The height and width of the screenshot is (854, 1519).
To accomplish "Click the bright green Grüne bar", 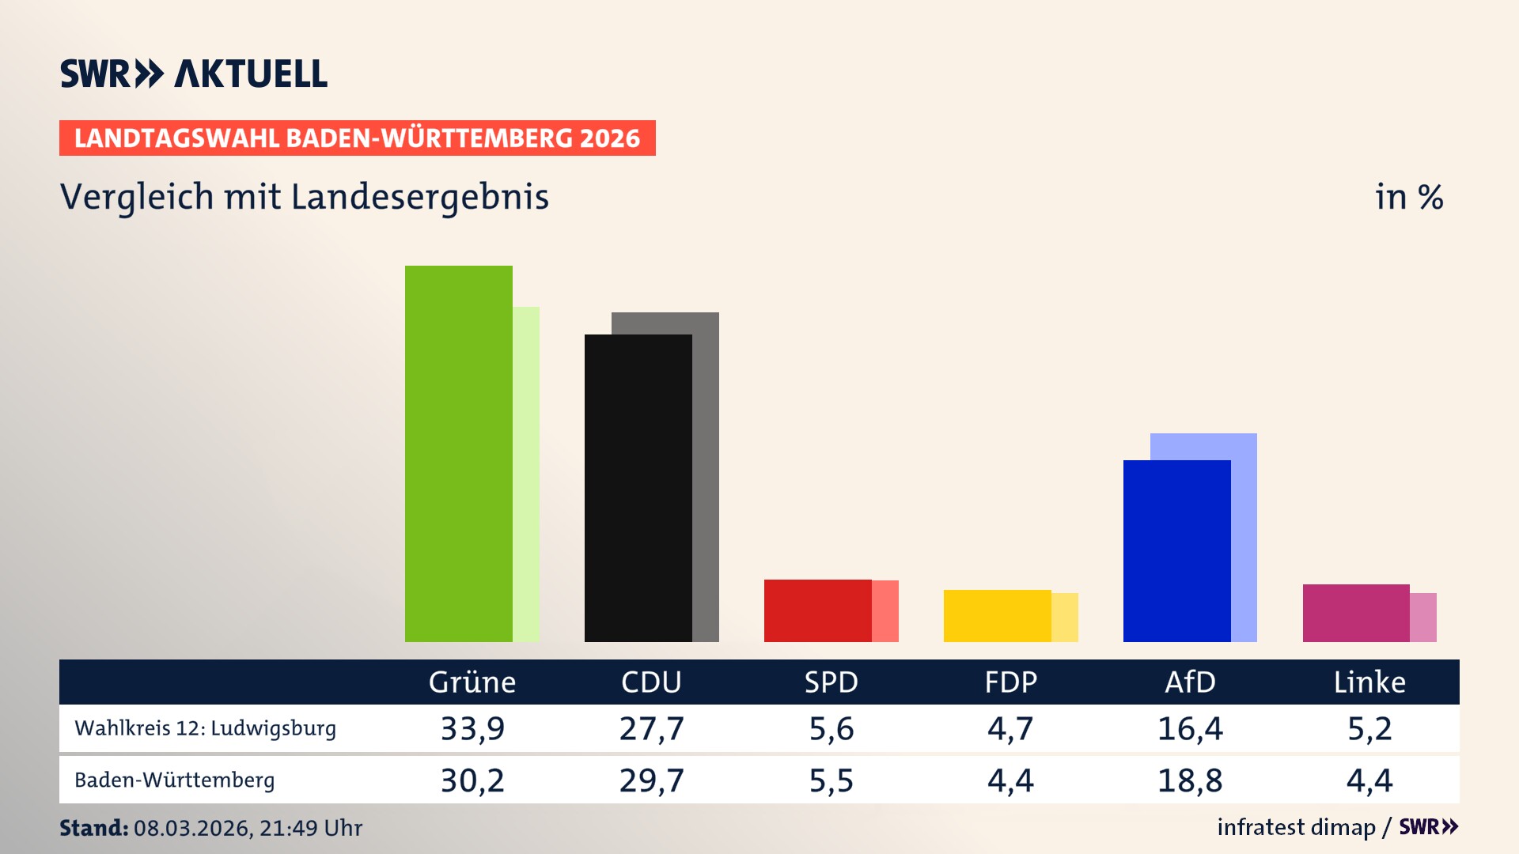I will [459, 454].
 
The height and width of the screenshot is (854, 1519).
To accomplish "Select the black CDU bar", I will [638, 488].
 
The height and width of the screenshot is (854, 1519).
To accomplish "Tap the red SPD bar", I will [817, 610].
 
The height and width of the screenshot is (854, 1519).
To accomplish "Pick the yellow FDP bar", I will [997, 616].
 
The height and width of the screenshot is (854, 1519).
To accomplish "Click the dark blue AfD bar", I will [1176, 551].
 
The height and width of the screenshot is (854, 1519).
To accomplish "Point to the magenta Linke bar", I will [1355, 613].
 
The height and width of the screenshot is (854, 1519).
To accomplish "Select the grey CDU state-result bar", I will [706, 474].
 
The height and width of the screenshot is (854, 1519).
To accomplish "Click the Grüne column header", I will [472, 682].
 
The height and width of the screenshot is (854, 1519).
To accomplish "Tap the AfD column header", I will [1189, 682].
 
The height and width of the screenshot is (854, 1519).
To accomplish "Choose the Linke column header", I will [1369, 682].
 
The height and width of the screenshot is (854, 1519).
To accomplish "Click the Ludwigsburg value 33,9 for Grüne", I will [472, 728].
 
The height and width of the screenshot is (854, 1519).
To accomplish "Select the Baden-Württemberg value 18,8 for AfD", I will [1189, 780].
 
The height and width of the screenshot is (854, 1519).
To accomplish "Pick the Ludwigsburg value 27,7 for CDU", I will [651, 728].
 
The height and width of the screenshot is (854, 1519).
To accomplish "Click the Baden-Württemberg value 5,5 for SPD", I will [831, 780].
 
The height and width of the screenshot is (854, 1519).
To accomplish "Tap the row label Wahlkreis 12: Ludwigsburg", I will [205, 728].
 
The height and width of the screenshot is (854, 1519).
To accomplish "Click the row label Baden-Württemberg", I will [174, 780].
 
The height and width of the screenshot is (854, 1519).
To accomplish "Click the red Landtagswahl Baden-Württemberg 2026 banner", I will [357, 138].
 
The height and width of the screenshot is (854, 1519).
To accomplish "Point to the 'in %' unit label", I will [1408, 197].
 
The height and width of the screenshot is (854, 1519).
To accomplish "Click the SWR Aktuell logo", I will [193, 74].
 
